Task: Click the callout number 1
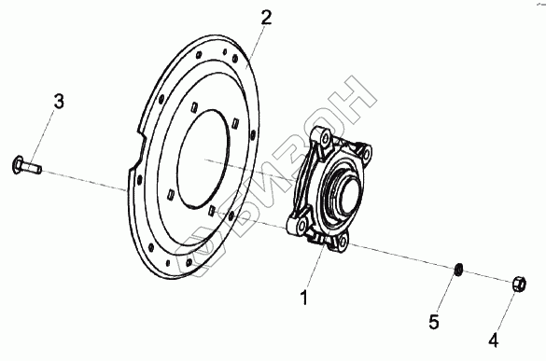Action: pos(304,298)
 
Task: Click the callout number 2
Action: pos(266,18)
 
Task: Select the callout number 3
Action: pos(59,102)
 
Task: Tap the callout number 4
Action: pos(494,340)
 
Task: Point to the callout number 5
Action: pos(434,322)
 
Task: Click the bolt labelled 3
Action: pos(27,166)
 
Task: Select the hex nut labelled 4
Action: pos(519,285)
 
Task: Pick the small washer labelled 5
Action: pos(458,269)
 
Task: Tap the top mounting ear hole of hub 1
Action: pos(326,139)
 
